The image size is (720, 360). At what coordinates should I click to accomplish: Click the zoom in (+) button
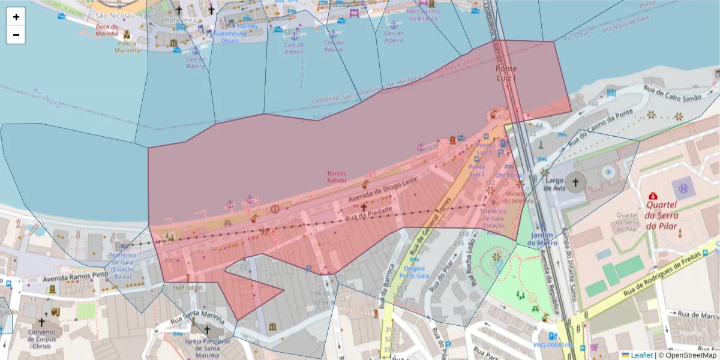coord(16,17)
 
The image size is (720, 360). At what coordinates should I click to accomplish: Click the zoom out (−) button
coord(16,35)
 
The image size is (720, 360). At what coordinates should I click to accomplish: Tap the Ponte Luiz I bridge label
coord(506,73)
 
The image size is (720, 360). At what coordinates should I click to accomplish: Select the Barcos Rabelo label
coord(337,176)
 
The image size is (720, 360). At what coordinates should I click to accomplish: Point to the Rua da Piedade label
coord(368,213)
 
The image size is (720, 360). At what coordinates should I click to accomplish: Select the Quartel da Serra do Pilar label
coord(660,216)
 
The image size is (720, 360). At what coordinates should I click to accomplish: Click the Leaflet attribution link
coord(641,355)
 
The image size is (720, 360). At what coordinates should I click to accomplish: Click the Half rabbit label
coord(188,288)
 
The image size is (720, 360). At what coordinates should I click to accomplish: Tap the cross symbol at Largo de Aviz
coord(576,182)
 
